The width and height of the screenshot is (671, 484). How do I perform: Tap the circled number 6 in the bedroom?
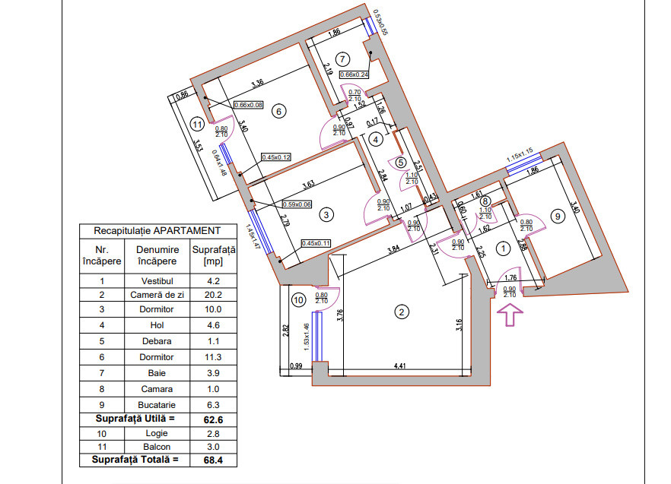pos(278,112)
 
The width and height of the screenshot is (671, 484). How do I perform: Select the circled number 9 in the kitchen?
pos(558,217)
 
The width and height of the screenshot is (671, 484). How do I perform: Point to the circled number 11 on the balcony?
pos(197,125)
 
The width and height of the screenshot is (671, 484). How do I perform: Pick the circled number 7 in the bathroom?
pos(343,59)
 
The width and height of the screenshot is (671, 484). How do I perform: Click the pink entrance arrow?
pos(509,313)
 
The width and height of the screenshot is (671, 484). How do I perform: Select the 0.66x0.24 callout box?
pos(354,74)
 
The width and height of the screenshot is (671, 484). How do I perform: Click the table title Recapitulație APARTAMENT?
pos(157,230)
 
